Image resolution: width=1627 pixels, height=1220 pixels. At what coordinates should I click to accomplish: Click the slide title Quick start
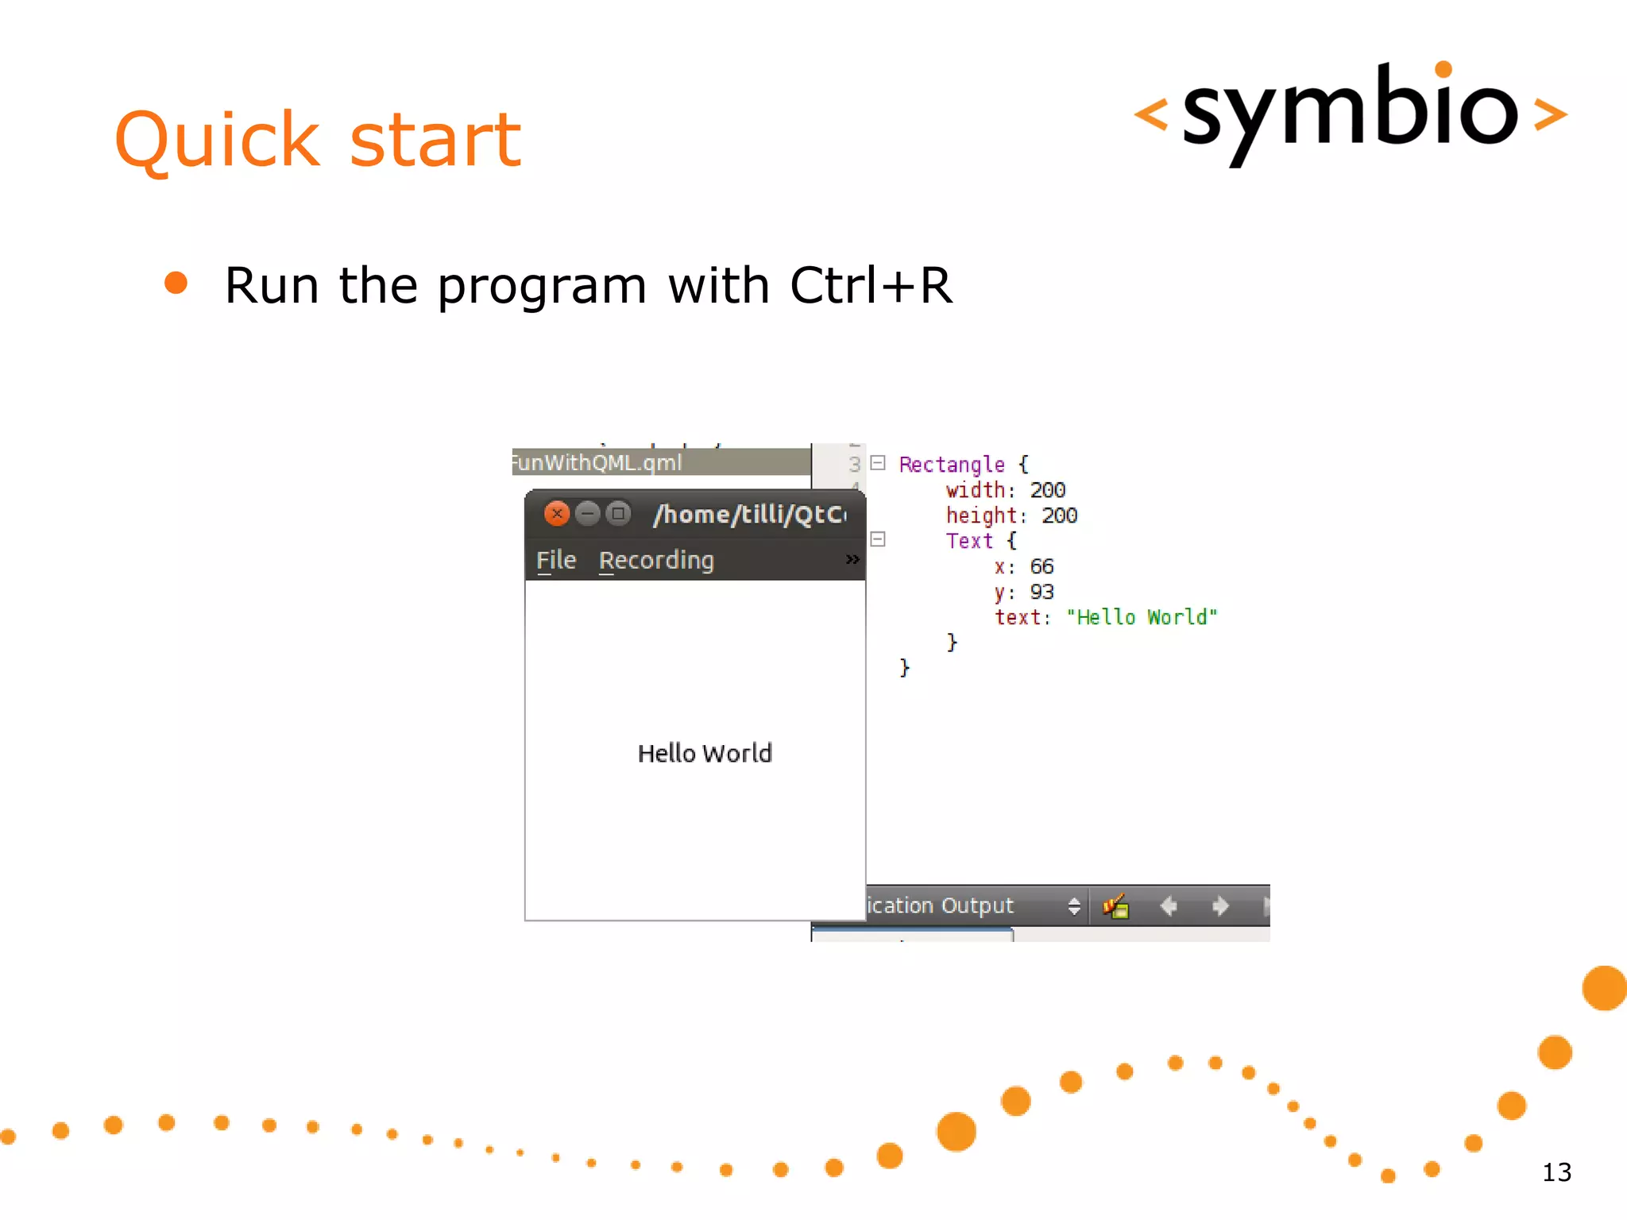click(x=318, y=140)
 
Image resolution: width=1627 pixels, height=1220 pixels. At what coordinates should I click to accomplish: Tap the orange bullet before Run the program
click(x=176, y=284)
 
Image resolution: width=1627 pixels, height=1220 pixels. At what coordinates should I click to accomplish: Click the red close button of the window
click(x=557, y=514)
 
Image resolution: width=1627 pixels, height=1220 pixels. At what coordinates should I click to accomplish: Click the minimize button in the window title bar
click(x=587, y=514)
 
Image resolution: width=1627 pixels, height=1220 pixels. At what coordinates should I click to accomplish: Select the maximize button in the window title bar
click(x=618, y=514)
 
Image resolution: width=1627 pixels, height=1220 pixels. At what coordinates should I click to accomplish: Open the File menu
click(x=555, y=560)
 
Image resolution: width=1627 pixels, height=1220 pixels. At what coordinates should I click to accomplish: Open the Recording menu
click(x=656, y=560)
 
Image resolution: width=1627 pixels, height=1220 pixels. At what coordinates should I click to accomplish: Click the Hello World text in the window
click(x=704, y=753)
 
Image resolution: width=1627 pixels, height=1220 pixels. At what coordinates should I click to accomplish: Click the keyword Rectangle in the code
click(x=951, y=465)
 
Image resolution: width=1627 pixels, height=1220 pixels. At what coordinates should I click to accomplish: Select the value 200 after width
click(x=1047, y=490)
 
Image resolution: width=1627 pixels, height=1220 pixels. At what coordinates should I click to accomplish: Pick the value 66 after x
click(x=1041, y=566)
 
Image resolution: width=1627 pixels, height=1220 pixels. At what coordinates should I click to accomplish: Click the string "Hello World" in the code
click(x=1141, y=617)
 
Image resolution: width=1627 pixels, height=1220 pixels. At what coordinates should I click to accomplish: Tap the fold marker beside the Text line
click(x=878, y=539)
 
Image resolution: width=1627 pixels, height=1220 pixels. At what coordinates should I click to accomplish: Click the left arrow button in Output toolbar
click(x=1168, y=905)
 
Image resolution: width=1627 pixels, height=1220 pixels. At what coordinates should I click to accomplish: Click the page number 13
click(x=1556, y=1172)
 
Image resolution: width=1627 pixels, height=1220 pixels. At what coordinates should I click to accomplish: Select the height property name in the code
click(x=980, y=515)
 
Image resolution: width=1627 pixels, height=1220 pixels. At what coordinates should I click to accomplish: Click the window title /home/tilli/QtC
click(x=749, y=515)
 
